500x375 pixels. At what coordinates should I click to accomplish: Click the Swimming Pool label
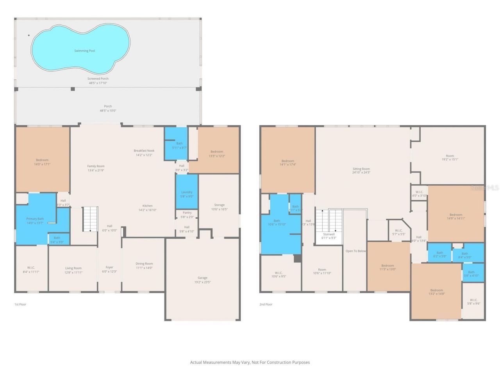pyautogui.click(x=85, y=51)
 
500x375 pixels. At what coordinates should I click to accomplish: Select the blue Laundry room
pyautogui.click(x=187, y=192)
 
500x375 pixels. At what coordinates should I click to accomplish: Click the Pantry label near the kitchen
pyautogui.click(x=187, y=212)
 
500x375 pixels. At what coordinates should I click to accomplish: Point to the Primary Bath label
pyautogui.click(x=35, y=219)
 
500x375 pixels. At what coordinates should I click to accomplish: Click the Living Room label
pyautogui.click(x=73, y=268)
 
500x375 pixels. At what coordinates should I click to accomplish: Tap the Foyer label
pyautogui.click(x=109, y=268)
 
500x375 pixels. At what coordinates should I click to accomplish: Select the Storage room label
pyautogui.click(x=219, y=205)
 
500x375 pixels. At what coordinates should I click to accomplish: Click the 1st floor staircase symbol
pyautogui.click(x=90, y=219)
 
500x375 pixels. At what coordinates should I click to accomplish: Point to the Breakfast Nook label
pyautogui.click(x=144, y=150)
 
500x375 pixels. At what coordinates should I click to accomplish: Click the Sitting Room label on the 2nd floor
pyautogui.click(x=361, y=169)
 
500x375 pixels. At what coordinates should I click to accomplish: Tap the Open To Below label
pyautogui.click(x=355, y=251)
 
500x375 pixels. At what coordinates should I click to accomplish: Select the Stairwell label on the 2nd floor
pyautogui.click(x=329, y=234)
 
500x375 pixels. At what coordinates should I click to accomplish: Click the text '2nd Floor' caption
pyautogui.click(x=266, y=304)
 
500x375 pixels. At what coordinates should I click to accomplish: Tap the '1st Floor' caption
pyautogui.click(x=20, y=304)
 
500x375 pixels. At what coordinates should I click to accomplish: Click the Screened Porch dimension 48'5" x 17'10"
pyautogui.click(x=98, y=83)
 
